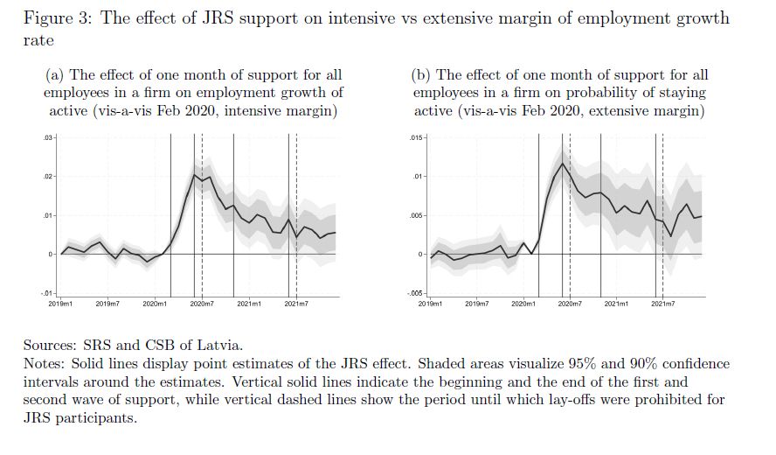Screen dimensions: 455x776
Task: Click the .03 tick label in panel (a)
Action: coord(49,138)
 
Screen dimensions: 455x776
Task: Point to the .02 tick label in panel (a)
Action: coord(49,177)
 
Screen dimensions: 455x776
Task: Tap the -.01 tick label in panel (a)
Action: coord(48,292)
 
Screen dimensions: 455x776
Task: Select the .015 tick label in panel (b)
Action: coord(415,138)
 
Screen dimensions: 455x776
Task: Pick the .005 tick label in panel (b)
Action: coord(415,215)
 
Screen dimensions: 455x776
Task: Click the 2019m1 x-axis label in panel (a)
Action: coord(61,303)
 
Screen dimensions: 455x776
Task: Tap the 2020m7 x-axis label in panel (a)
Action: coord(203,303)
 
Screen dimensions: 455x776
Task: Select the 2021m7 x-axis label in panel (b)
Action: coord(663,303)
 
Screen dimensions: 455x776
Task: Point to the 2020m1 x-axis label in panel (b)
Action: coord(523,303)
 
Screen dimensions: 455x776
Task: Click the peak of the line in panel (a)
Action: coord(194,175)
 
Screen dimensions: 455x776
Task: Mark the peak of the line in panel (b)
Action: coord(565,163)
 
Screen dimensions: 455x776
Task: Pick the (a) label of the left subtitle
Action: coord(54,75)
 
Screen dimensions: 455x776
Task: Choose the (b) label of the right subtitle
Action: coord(421,75)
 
